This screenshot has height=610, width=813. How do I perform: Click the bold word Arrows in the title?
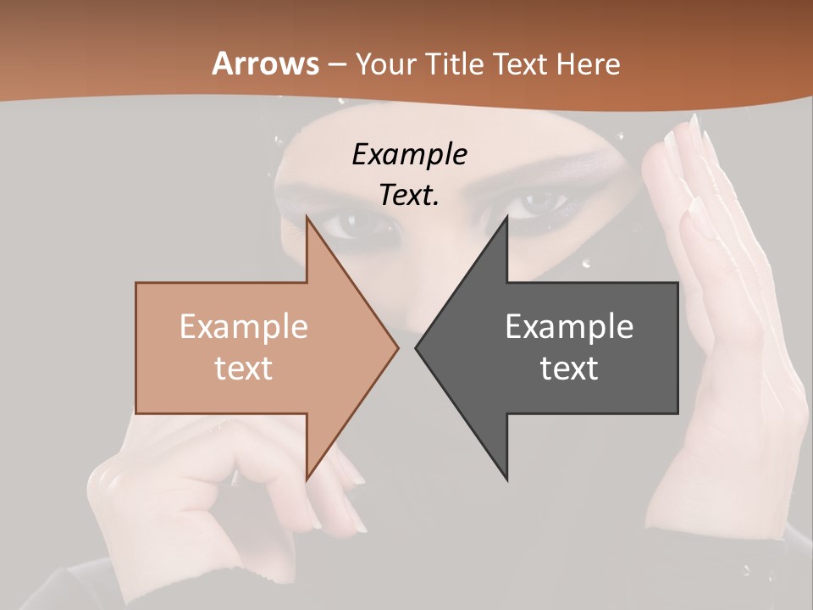[265, 64]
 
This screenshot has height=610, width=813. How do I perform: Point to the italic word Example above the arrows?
[409, 154]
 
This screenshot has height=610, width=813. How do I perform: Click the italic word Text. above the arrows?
[409, 195]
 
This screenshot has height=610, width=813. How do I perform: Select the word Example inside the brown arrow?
[243, 326]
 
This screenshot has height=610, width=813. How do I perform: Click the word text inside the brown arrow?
[243, 368]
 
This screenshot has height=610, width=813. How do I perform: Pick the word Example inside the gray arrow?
[569, 326]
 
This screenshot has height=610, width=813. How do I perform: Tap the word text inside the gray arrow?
[569, 368]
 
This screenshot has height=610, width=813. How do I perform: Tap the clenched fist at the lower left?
[195, 491]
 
